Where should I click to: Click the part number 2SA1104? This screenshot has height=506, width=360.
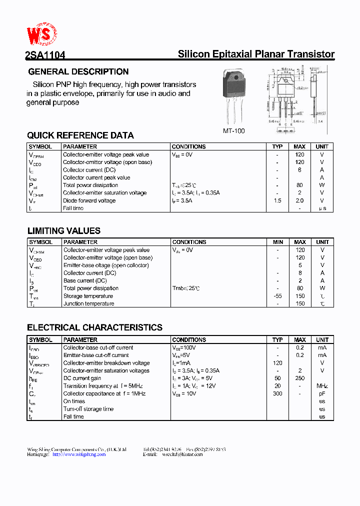pyautogui.click(x=45, y=56)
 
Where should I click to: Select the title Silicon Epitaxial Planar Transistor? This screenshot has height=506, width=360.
pyautogui.click(x=256, y=54)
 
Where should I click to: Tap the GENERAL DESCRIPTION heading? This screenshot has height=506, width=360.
pyautogui.click(x=78, y=71)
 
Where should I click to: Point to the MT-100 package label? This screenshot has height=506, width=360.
pyautogui.click(x=233, y=130)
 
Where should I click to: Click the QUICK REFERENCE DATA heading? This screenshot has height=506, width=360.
pyautogui.click(x=80, y=135)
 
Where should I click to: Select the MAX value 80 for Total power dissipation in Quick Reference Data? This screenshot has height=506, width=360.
pyautogui.click(x=299, y=185)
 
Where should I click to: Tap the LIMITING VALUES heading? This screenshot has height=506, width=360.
pyautogui.click(x=63, y=231)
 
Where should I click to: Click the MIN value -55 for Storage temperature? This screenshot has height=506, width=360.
pyautogui.click(x=278, y=296)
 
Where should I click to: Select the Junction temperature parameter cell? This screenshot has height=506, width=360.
pyautogui.click(x=88, y=303)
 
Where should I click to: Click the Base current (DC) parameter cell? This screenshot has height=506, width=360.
pyautogui.click(x=85, y=280)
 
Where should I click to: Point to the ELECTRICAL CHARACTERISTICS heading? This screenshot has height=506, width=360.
pyautogui.click(x=94, y=328)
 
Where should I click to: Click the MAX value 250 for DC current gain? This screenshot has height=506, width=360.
pyautogui.click(x=300, y=378)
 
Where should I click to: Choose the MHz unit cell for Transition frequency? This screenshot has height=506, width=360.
pyautogui.click(x=322, y=386)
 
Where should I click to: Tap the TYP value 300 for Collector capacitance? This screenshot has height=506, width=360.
pyautogui.click(x=277, y=393)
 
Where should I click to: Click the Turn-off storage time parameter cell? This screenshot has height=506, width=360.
pyautogui.click(x=88, y=409)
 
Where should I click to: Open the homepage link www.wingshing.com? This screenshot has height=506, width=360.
pyautogui.click(x=79, y=454)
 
